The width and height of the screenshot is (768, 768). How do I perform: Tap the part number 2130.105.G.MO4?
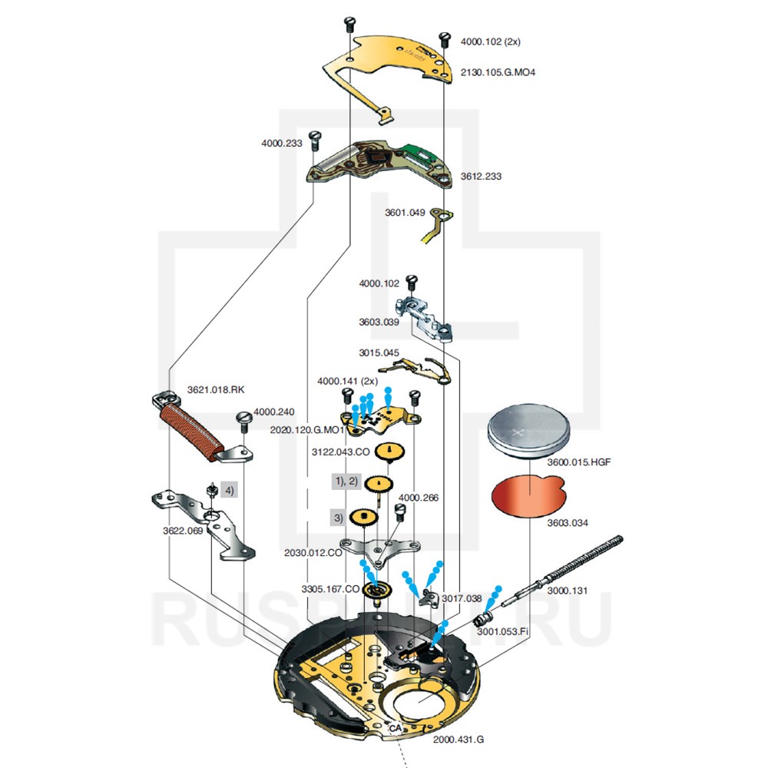point(498,73)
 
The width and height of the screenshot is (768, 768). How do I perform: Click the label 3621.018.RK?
point(216,389)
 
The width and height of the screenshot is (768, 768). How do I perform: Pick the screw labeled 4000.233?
point(313,140)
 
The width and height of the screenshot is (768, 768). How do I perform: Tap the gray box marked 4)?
point(229,489)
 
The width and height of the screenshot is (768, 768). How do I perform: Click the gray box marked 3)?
point(338,517)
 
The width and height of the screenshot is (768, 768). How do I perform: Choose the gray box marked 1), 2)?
point(345,482)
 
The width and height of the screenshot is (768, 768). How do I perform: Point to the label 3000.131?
point(568,591)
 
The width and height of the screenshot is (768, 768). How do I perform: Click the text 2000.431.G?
point(458,738)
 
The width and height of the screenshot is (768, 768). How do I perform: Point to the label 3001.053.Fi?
point(502,631)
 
